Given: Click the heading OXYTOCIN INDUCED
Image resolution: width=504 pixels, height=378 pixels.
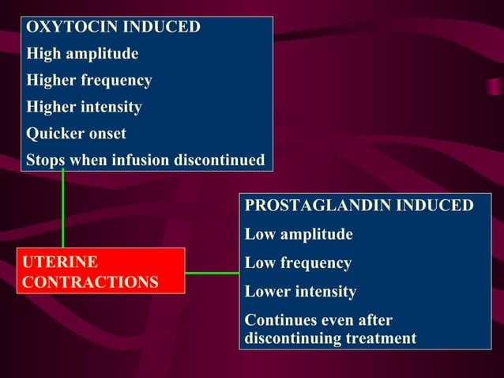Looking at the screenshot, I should (x=113, y=27).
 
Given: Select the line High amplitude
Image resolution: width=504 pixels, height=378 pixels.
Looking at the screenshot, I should (x=82, y=54).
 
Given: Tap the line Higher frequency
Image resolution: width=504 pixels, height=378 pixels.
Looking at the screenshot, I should (x=89, y=81).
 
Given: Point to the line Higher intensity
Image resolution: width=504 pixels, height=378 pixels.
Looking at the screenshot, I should (x=84, y=107).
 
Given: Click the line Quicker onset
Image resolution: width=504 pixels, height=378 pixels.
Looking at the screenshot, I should (x=76, y=134).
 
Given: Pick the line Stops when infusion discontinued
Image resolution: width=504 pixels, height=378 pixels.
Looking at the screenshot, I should (x=145, y=160).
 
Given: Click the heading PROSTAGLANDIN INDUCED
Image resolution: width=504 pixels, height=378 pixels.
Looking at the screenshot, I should (x=359, y=206).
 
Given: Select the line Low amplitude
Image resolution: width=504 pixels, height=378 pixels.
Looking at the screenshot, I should (x=299, y=235).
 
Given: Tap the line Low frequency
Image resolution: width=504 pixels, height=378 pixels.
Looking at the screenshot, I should (x=298, y=263).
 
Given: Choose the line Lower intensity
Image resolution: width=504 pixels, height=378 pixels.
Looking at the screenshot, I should (x=300, y=292).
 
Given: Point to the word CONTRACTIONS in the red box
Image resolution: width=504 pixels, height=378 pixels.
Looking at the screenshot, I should (x=90, y=282).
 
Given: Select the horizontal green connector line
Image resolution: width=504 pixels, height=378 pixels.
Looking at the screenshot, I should (x=212, y=273).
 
